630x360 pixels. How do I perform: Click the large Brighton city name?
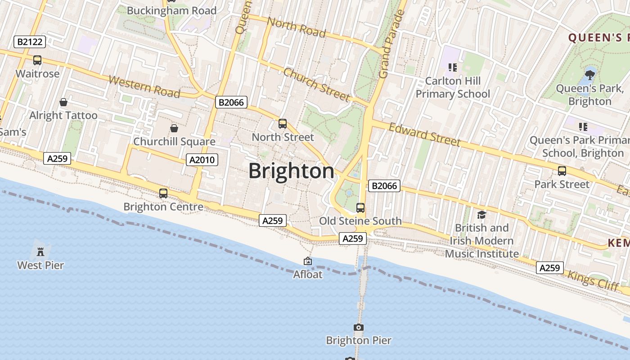point(292,171)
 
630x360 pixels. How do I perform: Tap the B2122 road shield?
point(30,42)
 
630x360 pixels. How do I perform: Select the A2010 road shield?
point(202,160)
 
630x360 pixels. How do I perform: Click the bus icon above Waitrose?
point(37,60)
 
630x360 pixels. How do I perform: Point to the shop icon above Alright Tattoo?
point(63,102)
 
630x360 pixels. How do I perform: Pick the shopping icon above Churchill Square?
point(174,128)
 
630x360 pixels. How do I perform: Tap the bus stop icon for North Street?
point(283,124)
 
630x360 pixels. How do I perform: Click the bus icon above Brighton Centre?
point(163,193)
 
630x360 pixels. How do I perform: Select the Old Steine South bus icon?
point(360,207)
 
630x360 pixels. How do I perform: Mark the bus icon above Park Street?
point(562,171)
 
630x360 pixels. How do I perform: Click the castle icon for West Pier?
point(40,251)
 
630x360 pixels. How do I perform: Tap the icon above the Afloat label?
point(308,261)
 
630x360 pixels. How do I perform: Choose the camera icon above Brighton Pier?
point(359,327)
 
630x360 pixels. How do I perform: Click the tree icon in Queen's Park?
point(589,75)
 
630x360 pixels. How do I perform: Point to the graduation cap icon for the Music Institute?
point(481,215)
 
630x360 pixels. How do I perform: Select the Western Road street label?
point(144,87)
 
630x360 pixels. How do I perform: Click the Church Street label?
point(316,85)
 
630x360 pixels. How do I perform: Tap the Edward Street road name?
point(424,135)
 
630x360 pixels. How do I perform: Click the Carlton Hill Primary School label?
point(453,87)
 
